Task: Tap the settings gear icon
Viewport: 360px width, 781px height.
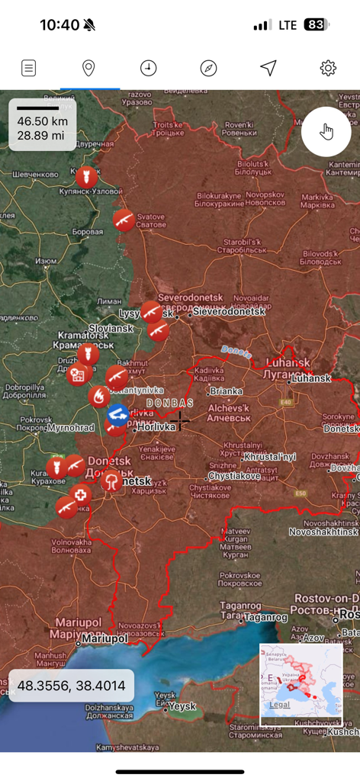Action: tap(328, 68)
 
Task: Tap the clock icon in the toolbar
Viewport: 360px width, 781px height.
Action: tap(148, 68)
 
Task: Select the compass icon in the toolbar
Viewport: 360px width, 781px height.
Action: tap(208, 68)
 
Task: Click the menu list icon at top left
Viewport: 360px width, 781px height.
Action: tap(28, 68)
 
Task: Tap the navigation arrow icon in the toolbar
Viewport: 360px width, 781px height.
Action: tap(268, 68)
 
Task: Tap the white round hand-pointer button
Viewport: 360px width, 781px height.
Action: tap(326, 132)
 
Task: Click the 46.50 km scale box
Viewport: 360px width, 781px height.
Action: tap(43, 124)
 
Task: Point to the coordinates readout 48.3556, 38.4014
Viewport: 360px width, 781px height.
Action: tap(72, 686)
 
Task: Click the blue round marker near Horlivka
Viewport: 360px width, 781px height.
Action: tap(117, 414)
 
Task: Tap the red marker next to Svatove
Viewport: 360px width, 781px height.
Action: tap(124, 220)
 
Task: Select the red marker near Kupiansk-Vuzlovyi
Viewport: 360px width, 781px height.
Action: tap(86, 177)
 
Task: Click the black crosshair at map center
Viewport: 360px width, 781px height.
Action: tap(179, 420)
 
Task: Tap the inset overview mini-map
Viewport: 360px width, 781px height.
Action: tap(301, 685)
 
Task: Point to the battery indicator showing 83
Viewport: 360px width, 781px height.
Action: tap(315, 24)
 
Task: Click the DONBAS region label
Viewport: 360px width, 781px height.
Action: tap(169, 403)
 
